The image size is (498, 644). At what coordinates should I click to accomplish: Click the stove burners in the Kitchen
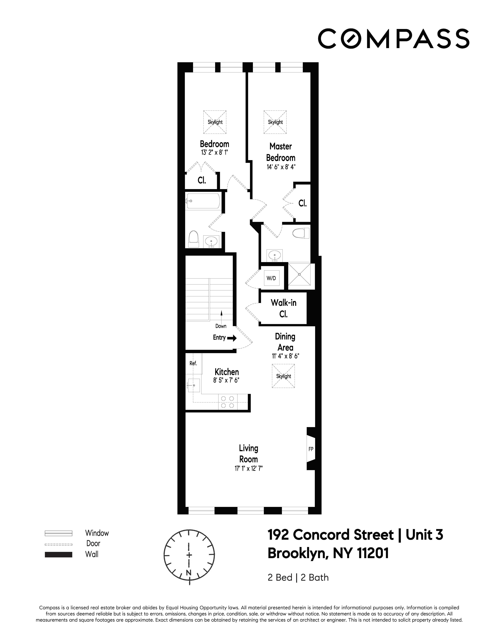click(x=227, y=402)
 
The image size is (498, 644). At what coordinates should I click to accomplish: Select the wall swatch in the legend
click(x=58, y=555)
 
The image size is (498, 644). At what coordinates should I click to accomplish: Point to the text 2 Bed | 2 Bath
click(x=298, y=577)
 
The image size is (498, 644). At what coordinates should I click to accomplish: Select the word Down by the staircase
click(x=221, y=326)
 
